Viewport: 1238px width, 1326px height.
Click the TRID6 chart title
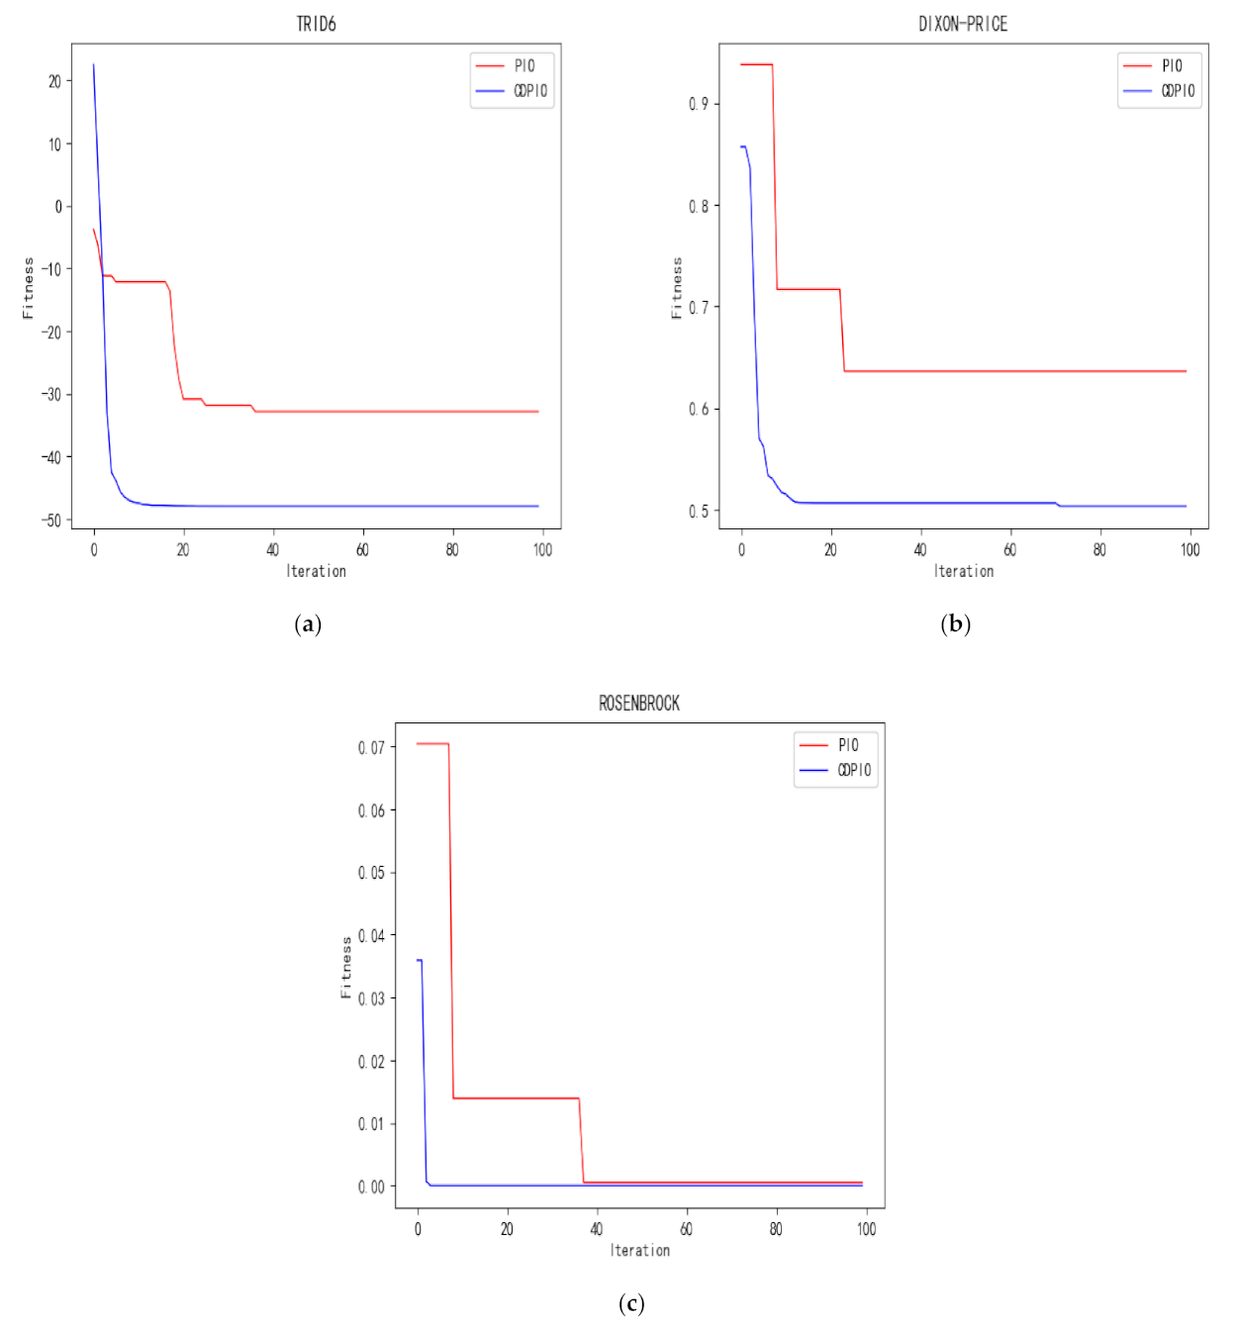click(x=316, y=25)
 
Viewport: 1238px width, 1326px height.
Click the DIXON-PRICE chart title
click(x=963, y=25)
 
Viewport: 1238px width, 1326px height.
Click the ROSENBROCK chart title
click(x=639, y=704)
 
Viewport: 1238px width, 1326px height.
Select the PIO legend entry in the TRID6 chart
click(x=524, y=66)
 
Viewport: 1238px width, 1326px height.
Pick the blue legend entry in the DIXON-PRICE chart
click(x=1178, y=91)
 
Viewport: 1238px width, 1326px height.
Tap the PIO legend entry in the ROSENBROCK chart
click(x=847, y=745)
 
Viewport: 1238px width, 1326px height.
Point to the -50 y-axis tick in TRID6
click(x=51, y=520)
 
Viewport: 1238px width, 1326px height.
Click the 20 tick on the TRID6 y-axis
click(x=54, y=81)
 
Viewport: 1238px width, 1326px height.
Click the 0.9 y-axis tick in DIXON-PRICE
click(x=699, y=104)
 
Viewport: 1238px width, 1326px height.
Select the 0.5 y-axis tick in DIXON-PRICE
click(x=699, y=511)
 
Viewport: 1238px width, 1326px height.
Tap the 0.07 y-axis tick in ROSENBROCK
click(x=371, y=747)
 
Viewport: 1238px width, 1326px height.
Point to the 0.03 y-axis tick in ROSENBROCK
click(x=371, y=998)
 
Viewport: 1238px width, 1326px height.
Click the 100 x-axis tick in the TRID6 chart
click(x=542, y=550)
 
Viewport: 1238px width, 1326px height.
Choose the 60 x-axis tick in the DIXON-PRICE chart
click(x=1010, y=550)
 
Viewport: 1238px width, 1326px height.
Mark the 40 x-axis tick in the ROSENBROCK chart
click(x=597, y=1229)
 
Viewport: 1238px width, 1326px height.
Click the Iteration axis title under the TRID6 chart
click(x=316, y=571)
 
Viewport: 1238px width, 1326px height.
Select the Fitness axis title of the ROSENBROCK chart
click(x=346, y=967)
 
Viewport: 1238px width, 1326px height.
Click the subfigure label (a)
click(x=308, y=624)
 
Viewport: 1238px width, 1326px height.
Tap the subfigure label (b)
click(x=955, y=624)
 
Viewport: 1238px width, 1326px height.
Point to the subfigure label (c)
click(x=631, y=1303)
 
